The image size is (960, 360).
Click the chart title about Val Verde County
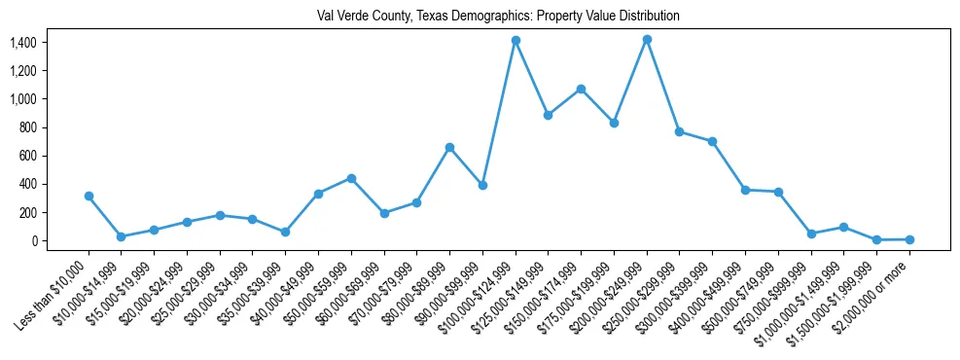(498, 17)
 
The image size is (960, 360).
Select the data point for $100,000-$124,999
(516, 40)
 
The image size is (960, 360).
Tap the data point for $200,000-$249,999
(647, 39)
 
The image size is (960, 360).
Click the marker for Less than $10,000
(89, 196)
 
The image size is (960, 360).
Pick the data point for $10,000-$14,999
(121, 236)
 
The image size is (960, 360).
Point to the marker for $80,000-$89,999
(449, 147)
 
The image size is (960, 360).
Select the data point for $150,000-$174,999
(581, 89)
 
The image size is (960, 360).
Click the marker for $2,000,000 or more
(909, 239)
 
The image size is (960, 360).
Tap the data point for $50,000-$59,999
(351, 178)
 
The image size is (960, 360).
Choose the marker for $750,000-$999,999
(811, 234)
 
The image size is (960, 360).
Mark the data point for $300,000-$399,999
(712, 141)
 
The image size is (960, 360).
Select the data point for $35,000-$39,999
(285, 232)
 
